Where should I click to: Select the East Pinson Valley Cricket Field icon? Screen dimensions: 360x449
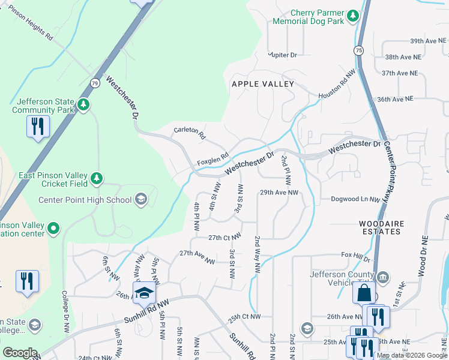(x=96, y=178)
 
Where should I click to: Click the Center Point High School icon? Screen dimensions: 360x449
(x=140, y=199)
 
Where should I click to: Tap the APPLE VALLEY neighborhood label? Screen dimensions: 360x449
(x=263, y=84)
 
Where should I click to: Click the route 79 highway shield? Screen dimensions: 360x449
(x=95, y=83)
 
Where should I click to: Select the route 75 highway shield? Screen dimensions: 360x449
(x=359, y=50)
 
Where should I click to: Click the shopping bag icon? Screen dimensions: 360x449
(x=364, y=293)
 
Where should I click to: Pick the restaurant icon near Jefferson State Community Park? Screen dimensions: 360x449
(x=37, y=127)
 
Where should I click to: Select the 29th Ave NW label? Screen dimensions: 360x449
(x=279, y=193)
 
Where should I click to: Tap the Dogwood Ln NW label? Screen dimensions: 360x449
(x=355, y=199)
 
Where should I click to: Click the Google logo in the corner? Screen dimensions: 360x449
(x=20, y=353)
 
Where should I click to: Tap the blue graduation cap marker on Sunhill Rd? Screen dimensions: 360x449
(x=144, y=293)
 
